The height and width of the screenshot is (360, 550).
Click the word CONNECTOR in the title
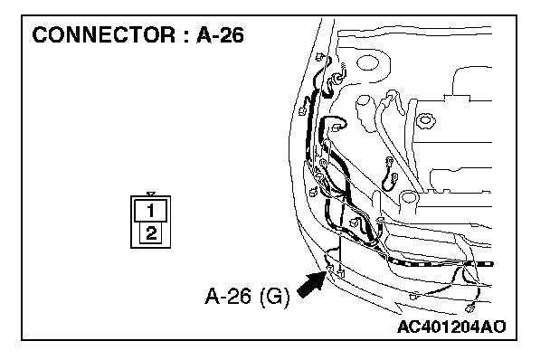tap(103, 35)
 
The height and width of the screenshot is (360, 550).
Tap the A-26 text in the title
tap(220, 35)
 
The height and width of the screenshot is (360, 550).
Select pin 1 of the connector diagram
tap(150, 211)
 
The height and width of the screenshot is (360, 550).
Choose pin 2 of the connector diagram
tap(151, 233)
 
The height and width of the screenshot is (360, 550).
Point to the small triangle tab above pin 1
tap(151, 194)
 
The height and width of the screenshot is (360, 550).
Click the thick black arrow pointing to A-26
tap(311, 284)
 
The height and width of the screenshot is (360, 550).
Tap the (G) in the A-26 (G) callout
tap(275, 297)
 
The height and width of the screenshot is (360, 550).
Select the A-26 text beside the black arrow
tap(228, 296)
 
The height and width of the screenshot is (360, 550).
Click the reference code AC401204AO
tap(451, 327)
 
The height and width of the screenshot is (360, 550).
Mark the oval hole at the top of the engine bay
tap(367, 63)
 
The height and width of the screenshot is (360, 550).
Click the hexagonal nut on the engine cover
tap(425, 120)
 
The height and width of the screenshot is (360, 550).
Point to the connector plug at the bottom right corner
tap(469, 308)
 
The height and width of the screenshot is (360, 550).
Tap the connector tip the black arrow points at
tap(329, 269)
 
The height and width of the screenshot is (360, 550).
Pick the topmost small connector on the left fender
tap(319, 56)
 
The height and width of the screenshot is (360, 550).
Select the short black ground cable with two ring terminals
tap(389, 175)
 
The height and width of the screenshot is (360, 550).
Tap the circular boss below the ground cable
tap(408, 197)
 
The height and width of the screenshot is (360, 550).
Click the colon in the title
tap(185, 36)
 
